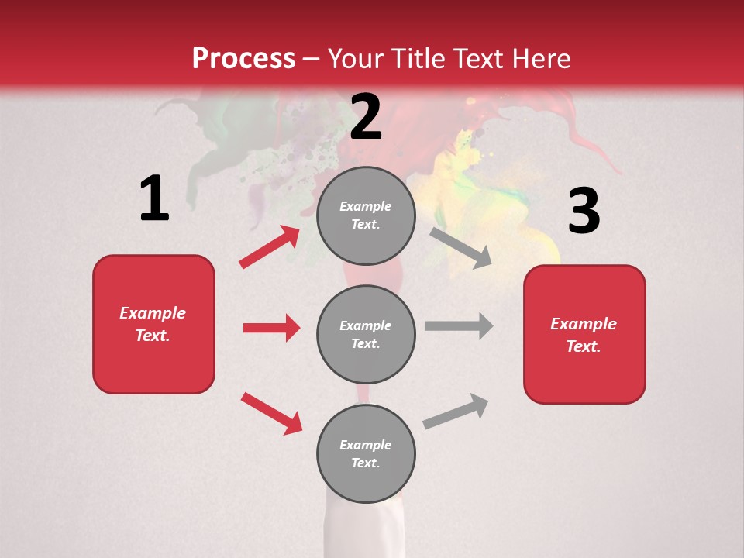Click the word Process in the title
[243, 59]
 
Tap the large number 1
[154, 199]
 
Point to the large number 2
[366, 117]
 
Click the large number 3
[584, 212]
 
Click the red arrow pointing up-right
[270, 246]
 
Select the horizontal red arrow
[271, 328]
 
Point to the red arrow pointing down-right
[271, 413]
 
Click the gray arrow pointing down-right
[461, 247]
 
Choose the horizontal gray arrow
[458, 326]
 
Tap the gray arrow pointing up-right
[456, 412]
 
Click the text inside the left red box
[153, 324]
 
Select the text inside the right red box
[584, 335]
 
